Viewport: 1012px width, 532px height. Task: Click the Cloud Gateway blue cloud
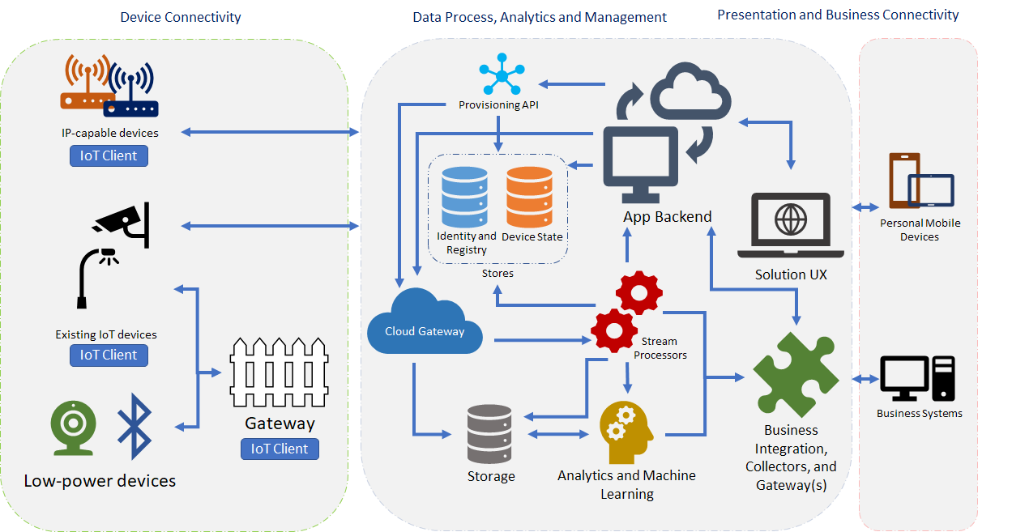(425, 323)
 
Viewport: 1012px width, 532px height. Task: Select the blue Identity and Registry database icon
(464, 197)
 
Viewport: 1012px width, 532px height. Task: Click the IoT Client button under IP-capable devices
(109, 155)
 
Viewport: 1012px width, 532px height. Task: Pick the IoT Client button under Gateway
(280, 449)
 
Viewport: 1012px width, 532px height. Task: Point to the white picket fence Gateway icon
(279, 372)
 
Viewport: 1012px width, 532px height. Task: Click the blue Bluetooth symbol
(135, 426)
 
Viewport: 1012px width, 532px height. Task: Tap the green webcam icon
(74, 427)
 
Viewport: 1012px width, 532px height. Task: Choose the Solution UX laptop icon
(791, 225)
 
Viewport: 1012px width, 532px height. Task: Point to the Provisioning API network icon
(501, 77)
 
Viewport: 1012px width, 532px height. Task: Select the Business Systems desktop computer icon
(917, 379)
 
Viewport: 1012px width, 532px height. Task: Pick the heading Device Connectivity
(181, 17)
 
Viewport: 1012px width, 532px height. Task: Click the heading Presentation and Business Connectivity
(838, 15)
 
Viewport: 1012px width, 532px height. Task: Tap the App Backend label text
(667, 216)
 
